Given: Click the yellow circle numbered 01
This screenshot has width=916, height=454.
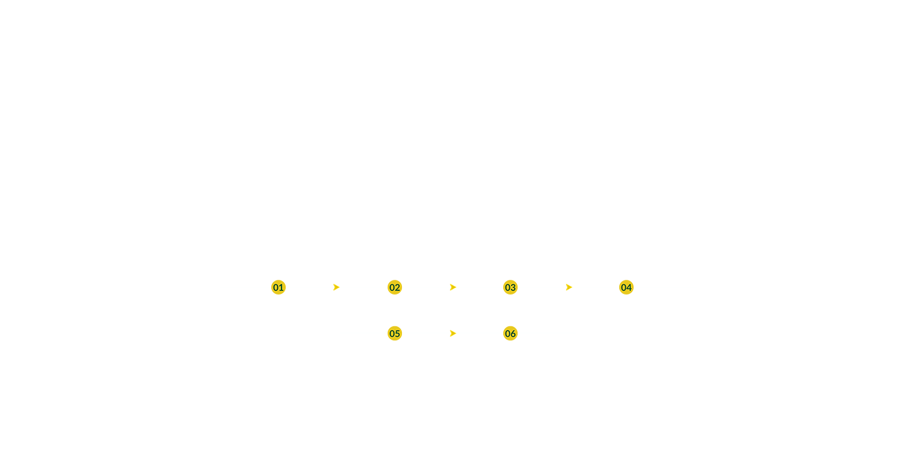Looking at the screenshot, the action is click(x=278, y=287).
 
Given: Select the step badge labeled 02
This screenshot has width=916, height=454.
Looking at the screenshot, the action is click(x=394, y=287).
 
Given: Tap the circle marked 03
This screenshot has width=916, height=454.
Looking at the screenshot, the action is click(x=511, y=287).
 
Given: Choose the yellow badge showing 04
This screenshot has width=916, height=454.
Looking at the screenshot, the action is click(x=627, y=287).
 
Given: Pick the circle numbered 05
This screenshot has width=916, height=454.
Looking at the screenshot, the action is click(x=394, y=334).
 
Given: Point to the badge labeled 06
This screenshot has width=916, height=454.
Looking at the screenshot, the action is click(x=511, y=334).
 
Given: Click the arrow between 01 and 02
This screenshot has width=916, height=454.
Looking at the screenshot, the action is click(x=336, y=287).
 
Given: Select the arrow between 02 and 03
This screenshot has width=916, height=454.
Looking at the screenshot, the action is click(x=453, y=287).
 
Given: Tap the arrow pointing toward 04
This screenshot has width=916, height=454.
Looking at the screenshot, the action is click(x=569, y=287).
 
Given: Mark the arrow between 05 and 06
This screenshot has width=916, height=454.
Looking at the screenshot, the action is click(x=453, y=334).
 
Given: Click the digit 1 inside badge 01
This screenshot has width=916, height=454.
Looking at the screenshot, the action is click(x=282, y=288).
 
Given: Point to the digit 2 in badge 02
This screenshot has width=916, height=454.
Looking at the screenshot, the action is click(x=398, y=288).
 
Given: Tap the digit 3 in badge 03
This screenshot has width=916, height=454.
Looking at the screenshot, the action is click(x=513, y=288).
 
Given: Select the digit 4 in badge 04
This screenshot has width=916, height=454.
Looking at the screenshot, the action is click(x=630, y=288).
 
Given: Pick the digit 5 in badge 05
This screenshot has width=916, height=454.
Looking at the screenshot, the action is click(x=398, y=334).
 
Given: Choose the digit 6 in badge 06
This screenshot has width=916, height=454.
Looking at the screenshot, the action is click(x=513, y=334).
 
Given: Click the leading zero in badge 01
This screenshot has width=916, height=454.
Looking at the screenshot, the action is click(x=276, y=288).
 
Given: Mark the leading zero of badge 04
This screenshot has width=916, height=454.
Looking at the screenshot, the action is click(x=623, y=288).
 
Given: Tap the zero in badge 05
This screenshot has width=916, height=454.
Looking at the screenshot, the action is click(x=392, y=334).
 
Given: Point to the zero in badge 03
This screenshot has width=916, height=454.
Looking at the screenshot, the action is click(x=507, y=288).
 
